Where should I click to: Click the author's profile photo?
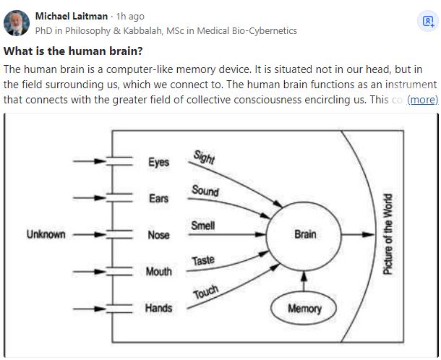pyautogui.click(x=17, y=22)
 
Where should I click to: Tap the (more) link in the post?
pyautogui.click(x=422, y=99)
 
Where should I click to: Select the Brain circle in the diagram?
pyautogui.click(x=304, y=234)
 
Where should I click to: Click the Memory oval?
pyautogui.click(x=304, y=309)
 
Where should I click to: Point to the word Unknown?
pyautogui.click(x=46, y=234)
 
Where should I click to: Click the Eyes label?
pyautogui.click(x=158, y=162)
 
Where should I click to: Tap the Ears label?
pyautogui.click(x=158, y=198)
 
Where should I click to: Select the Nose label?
pyautogui.click(x=158, y=235)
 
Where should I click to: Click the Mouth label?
pyautogui.click(x=158, y=272)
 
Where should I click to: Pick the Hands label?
pyautogui.click(x=158, y=308)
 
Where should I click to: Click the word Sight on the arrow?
pyautogui.click(x=204, y=157)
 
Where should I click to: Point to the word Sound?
pyautogui.click(x=205, y=191)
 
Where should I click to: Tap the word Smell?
pyautogui.click(x=202, y=226)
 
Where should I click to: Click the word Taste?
pyautogui.click(x=203, y=260)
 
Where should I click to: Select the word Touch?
pyautogui.click(x=205, y=293)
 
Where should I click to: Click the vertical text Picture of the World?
pyautogui.click(x=388, y=234)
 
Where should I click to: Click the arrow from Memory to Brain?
pyautogui.click(x=304, y=282)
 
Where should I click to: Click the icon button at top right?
pyautogui.click(x=427, y=22)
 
